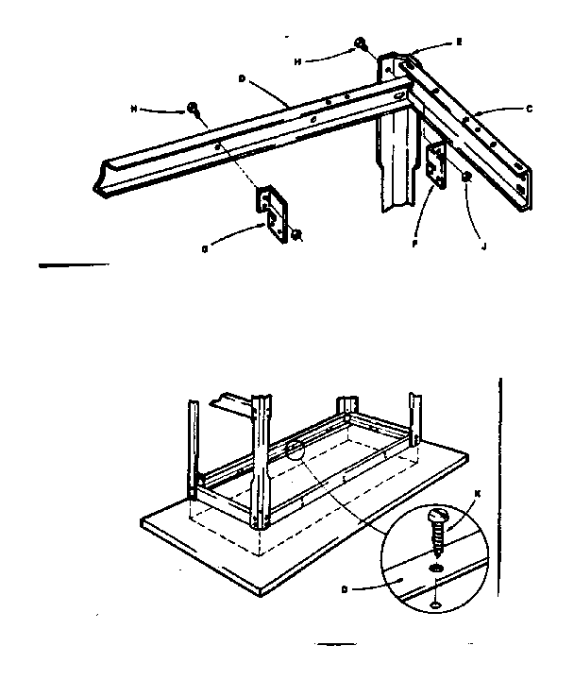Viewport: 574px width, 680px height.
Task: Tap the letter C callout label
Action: point(530,110)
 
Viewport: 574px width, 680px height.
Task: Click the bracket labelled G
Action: point(274,212)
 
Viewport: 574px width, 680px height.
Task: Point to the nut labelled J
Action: point(466,177)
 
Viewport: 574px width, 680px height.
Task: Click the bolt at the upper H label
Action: point(361,42)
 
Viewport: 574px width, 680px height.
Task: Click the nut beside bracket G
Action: point(295,234)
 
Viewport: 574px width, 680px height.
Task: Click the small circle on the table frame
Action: point(296,449)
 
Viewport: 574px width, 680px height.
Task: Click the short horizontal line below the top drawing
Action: point(74,265)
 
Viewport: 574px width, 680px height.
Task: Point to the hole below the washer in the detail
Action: point(433,604)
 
